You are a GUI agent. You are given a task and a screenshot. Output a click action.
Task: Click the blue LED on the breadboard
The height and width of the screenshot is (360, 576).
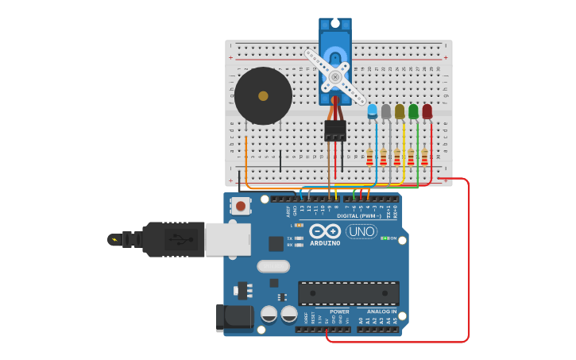tap(373, 110)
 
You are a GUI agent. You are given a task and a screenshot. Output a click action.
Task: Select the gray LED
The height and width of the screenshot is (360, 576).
tap(386, 111)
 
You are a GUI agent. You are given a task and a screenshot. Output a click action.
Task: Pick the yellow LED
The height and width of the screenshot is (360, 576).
tap(400, 111)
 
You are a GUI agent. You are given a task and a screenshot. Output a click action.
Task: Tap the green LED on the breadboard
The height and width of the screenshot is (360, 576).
tap(413, 111)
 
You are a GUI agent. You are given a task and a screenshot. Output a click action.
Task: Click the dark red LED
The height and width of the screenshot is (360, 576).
tap(427, 111)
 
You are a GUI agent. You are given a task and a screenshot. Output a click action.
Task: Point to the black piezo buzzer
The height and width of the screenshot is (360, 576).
tap(263, 96)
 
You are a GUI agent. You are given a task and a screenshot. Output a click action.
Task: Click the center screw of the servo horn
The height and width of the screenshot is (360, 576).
tap(335, 77)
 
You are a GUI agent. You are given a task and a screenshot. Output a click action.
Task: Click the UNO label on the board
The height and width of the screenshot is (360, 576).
tap(361, 231)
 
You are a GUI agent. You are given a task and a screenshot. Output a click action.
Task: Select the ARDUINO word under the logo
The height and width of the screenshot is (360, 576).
tap(325, 243)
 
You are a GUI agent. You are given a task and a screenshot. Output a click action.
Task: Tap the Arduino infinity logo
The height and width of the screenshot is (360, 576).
tap(325, 231)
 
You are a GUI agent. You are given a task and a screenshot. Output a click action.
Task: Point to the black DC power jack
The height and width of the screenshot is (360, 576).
tap(234, 319)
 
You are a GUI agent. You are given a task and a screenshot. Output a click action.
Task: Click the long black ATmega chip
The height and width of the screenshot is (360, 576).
tap(349, 292)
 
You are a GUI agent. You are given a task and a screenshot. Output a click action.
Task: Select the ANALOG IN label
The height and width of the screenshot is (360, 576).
tap(381, 312)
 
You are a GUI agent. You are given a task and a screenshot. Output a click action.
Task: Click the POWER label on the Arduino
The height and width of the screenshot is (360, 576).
tap(339, 312)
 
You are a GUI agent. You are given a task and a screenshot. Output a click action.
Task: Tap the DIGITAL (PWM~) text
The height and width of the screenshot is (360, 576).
tap(359, 215)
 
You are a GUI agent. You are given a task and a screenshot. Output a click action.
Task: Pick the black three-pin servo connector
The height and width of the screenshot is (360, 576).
tap(335, 130)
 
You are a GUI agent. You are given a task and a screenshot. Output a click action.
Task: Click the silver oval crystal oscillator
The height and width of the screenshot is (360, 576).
tap(273, 266)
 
